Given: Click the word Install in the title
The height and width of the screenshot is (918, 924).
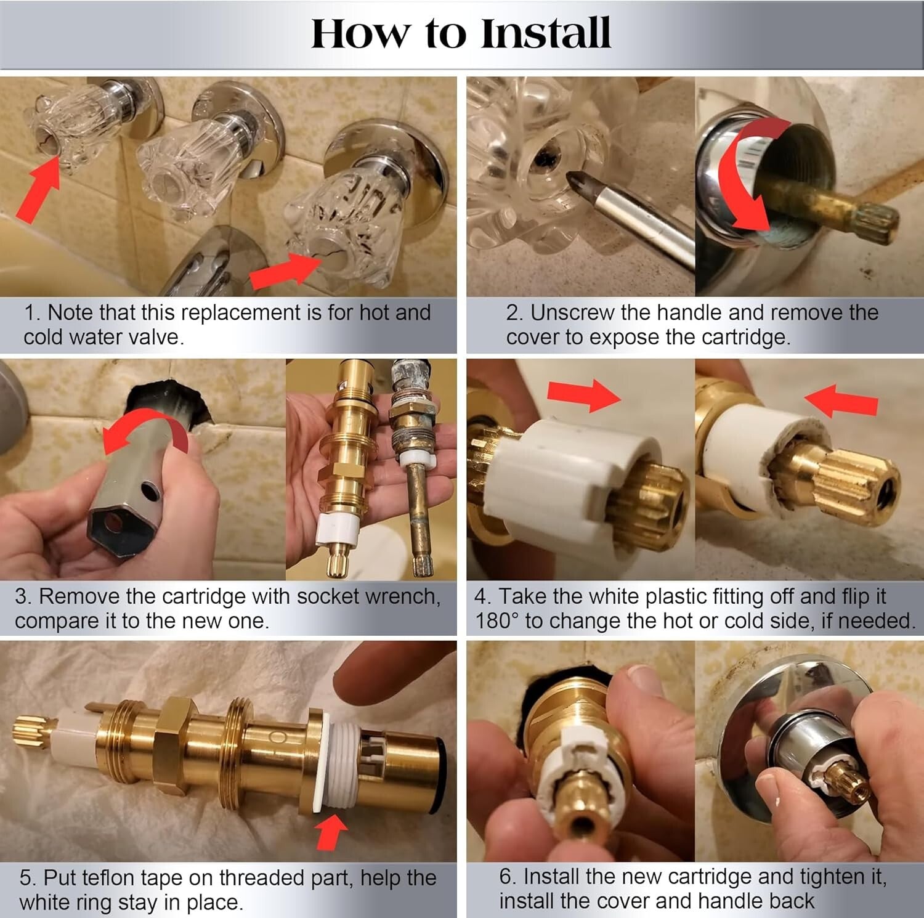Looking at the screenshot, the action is pos(545,33).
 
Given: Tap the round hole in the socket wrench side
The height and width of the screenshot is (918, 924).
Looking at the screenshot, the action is pos(148,490).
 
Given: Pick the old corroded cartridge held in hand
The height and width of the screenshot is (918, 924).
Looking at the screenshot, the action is pos(410,468).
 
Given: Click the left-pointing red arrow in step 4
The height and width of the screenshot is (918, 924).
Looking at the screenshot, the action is pos(841,400).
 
